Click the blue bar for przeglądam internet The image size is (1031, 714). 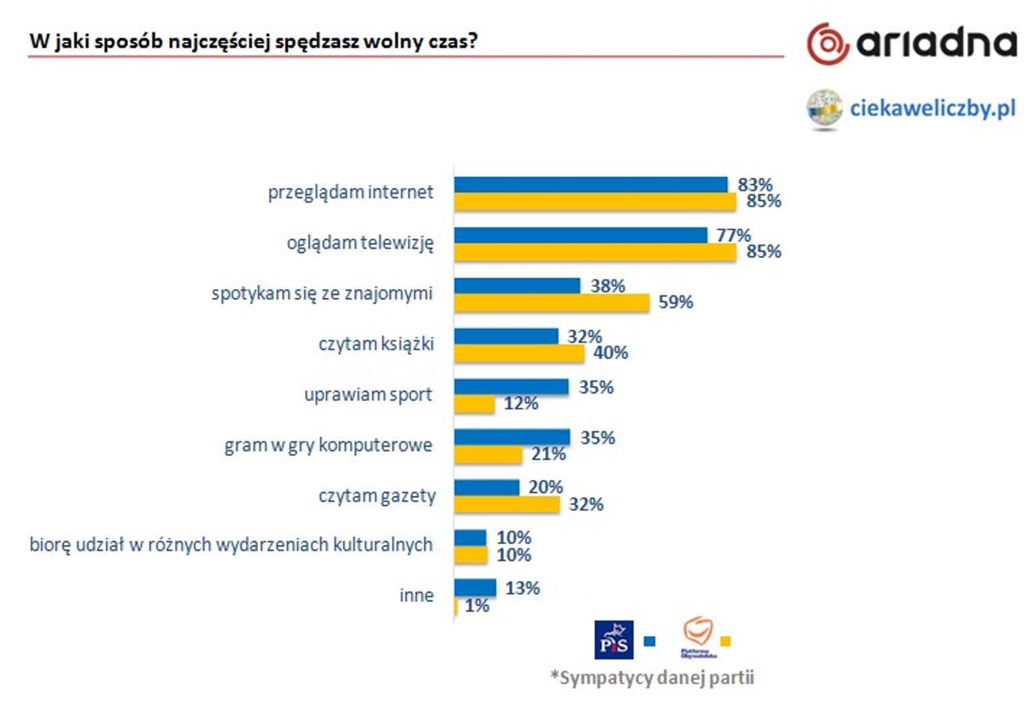click(x=590, y=185)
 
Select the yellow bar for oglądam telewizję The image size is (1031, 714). click(x=594, y=252)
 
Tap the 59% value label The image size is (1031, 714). click(x=675, y=302)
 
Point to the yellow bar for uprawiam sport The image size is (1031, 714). click(x=474, y=403)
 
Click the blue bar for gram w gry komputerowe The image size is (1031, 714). click(x=511, y=437)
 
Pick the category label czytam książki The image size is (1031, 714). click(x=376, y=344)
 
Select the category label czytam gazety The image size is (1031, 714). click(x=377, y=496)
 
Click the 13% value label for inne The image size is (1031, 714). click(x=522, y=588)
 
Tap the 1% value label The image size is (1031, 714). click(x=477, y=606)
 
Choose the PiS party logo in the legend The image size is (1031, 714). click(x=613, y=640)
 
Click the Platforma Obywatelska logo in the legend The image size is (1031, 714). click(x=698, y=637)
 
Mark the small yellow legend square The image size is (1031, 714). click(x=726, y=641)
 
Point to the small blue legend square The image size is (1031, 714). click(x=650, y=641)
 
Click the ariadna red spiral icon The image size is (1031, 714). click(x=827, y=44)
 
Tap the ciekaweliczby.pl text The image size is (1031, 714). click(x=932, y=108)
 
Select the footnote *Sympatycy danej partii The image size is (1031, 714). click(x=652, y=677)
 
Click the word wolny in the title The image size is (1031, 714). click(x=389, y=41)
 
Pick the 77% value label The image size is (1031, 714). click(x=733, y=235)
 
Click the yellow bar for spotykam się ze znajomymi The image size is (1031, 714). click(x=551, y=302)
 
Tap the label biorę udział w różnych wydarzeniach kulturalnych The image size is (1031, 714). click(x=230, y=544)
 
